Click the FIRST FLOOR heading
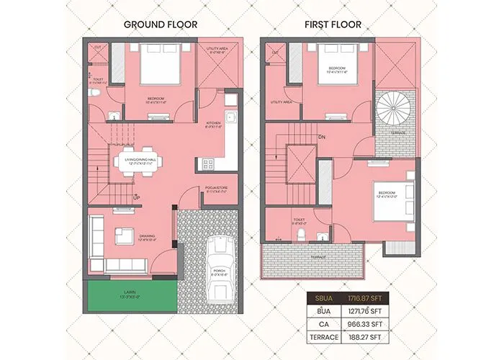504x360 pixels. pyautogui.click(x=333, y=24)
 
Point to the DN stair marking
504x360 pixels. pyautogui.click(x=323, y=137)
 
